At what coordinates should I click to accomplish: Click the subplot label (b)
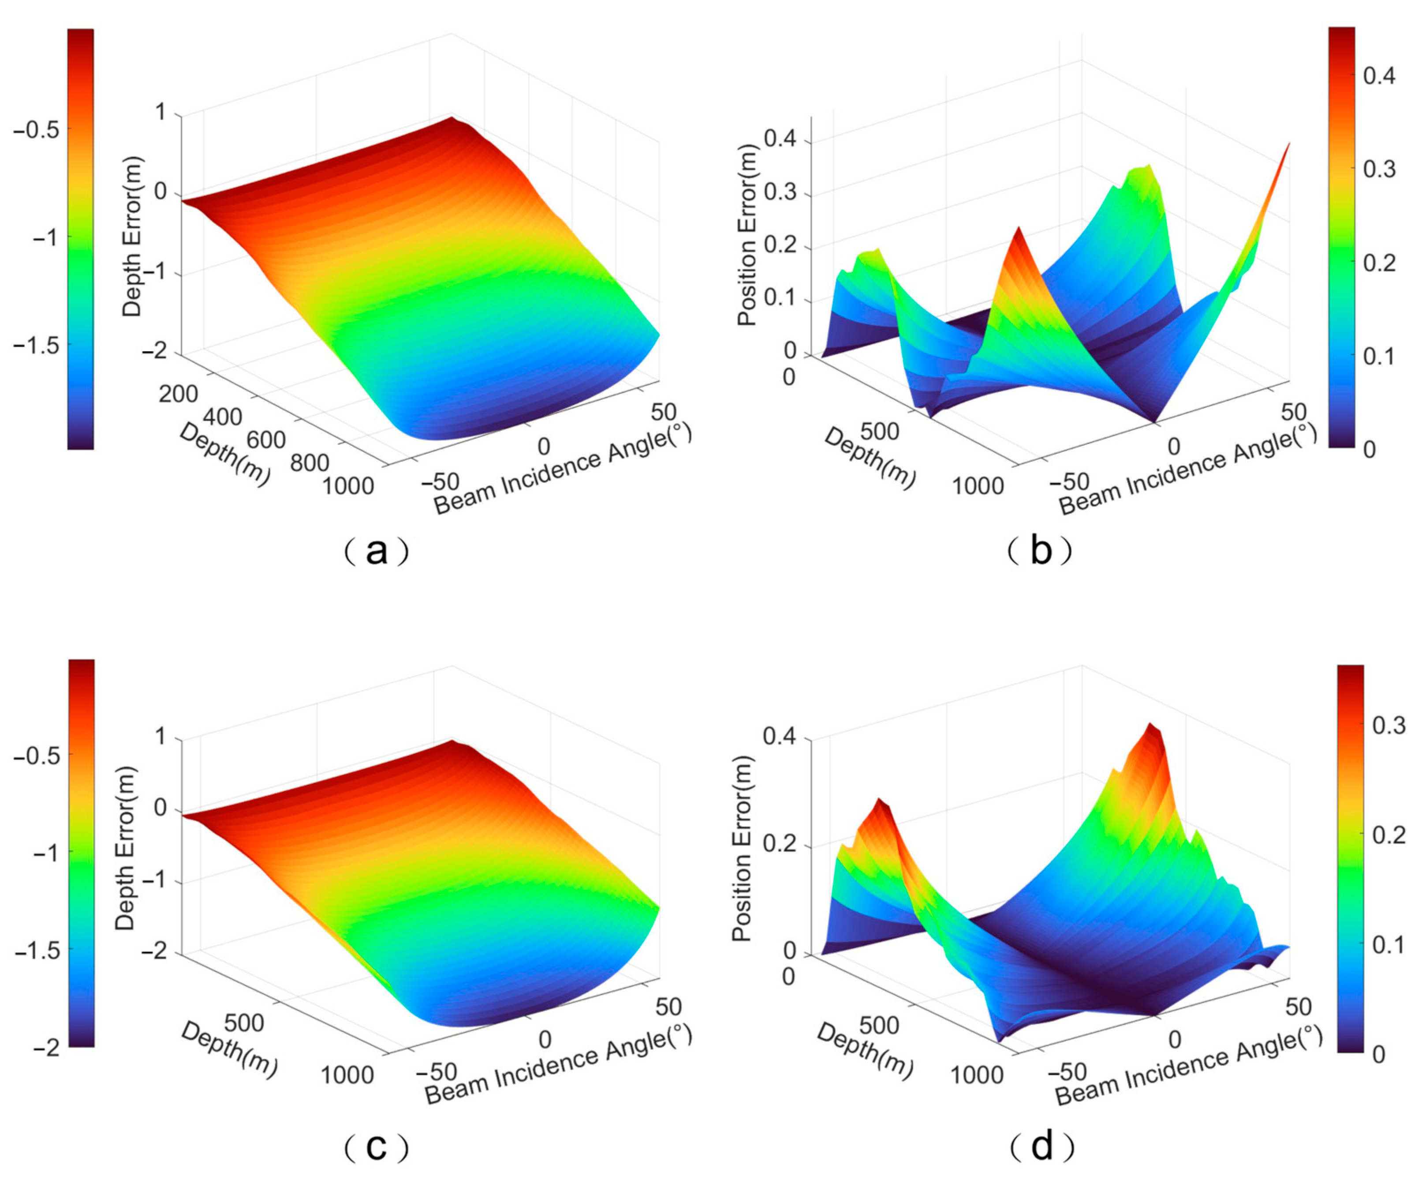[1040, 551]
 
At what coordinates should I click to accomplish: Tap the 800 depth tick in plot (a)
[310, 463]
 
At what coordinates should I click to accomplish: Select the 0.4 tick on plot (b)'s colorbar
[1379, 76]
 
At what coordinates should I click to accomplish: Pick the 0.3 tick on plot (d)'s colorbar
[1388, 726]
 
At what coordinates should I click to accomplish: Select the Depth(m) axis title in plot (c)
[229, 1049]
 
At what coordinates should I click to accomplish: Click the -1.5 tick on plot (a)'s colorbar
[36, 346]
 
